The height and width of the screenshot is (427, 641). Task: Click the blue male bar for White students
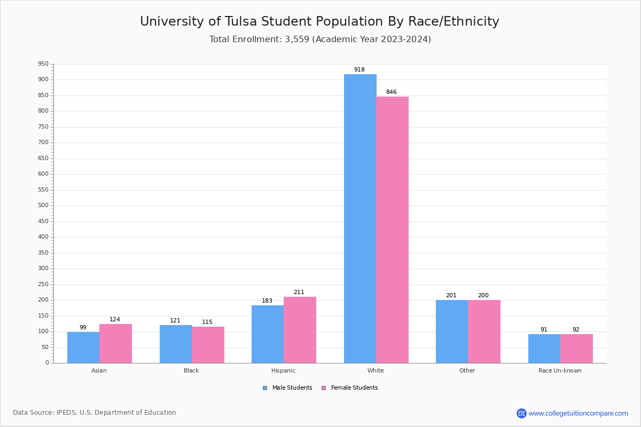pos(360,218)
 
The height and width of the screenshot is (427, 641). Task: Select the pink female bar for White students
pos(392,230)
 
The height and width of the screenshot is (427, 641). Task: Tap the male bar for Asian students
pos(83,347)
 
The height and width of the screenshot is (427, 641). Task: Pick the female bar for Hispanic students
pos(300,330)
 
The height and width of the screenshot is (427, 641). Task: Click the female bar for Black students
pos(208,345)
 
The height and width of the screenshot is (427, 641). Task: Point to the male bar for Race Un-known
pos(544,349)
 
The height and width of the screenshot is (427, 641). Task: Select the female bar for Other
pos(484,331)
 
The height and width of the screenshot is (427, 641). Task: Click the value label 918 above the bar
pos(359,70)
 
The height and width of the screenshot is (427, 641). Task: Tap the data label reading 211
pos(299,292)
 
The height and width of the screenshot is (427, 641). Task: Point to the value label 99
pos(83,328)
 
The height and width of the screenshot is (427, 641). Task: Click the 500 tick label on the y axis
pos(43,205)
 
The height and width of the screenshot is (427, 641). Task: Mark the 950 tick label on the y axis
pos(43,64)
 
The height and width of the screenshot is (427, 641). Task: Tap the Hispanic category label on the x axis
pos(283,370)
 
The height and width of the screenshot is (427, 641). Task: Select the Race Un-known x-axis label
pos(560,370)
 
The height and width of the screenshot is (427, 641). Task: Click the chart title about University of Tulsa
pos(319,22)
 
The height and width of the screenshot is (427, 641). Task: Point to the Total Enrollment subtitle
pos(320,39)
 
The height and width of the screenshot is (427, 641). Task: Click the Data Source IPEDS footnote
pos(95,413)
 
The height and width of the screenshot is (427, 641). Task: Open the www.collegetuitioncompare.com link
pos(578,413)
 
